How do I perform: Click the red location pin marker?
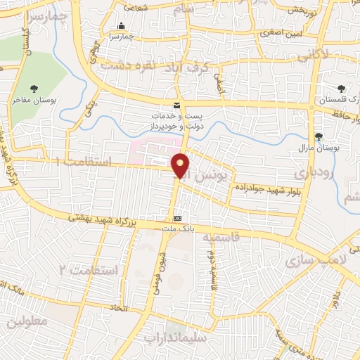point(181,166)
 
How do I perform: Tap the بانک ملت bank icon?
point(178,219)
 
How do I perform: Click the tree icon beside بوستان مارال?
point(319,136)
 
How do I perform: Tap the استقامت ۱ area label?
point(83,162)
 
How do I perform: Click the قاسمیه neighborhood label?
point(222,238)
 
